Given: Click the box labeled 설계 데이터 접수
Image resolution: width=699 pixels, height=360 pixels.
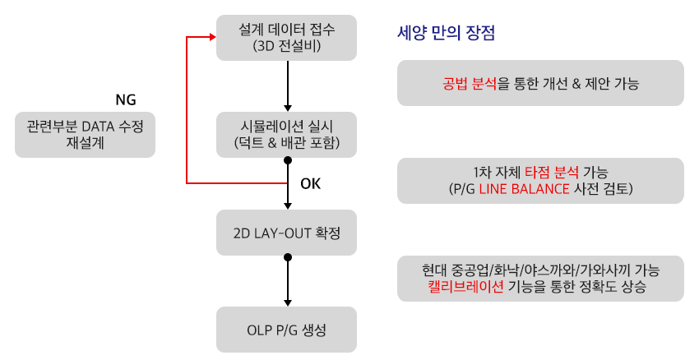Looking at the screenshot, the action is (x=286, y=38).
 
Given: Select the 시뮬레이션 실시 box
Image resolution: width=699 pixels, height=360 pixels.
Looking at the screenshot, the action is (x=286, y=135).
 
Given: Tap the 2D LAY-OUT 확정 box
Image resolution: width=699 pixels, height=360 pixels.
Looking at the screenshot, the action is (x=286, y=233).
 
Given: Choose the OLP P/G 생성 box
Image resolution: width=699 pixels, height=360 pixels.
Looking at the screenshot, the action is (x=286, y=330).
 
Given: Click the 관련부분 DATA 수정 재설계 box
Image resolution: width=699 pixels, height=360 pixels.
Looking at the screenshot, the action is (x=86, y=135).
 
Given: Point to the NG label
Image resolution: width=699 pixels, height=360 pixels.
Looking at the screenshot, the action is (x=126, y=99).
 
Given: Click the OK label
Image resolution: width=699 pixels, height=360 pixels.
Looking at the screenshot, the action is (x=310, y=183).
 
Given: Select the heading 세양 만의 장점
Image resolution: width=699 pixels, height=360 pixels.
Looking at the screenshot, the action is (x=446, y=33).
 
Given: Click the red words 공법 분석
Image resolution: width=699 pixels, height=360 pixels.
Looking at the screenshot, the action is (x=469, y=83).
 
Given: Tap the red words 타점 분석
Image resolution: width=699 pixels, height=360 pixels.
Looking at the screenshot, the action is (x=552, y=173).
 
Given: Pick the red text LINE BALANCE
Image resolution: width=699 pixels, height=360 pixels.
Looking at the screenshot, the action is (x=525, y=189).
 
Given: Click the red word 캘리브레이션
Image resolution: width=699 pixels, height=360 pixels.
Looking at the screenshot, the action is (x=465, y=286).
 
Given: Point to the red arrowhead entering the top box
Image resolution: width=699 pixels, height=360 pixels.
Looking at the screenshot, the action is (x=213, y=38).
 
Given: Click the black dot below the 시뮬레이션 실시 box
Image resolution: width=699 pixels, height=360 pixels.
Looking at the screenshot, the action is (x=288, y=160).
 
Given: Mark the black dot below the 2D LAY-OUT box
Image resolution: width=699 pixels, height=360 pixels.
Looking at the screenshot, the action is (x=288, y=257).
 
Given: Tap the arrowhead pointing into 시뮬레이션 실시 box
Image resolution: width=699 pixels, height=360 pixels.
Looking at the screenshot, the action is (x=288, y=108).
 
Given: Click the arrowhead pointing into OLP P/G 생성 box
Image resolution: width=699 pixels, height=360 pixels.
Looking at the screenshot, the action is (x=288, y=303).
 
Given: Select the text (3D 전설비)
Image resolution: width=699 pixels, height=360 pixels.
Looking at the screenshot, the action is (x=286, y=46).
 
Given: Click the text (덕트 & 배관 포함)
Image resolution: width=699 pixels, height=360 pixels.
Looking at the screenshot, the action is (x=286, y=143).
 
